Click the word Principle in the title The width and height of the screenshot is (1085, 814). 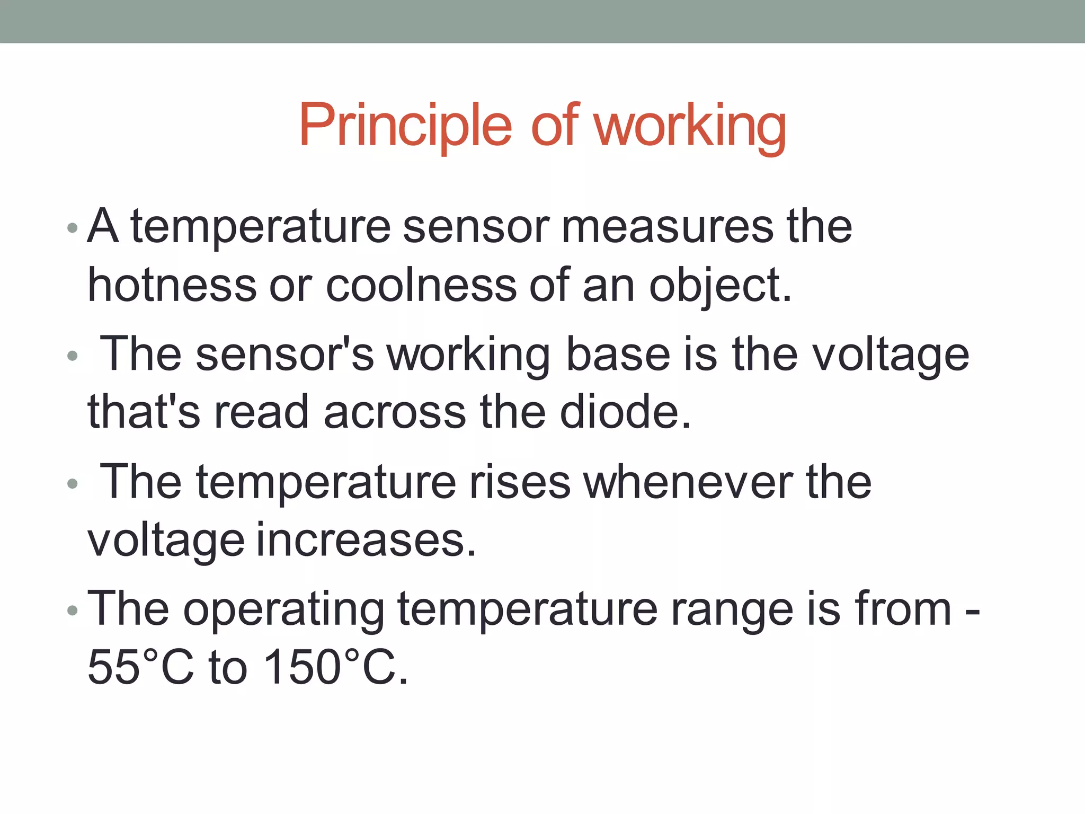point(405,126)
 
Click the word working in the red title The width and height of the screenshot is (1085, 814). point(689,127)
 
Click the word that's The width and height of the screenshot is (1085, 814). point(144,412)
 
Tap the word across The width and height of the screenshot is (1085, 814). point(395,412)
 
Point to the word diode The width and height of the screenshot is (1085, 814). point(625,412)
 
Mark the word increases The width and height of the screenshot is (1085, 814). point(366,540)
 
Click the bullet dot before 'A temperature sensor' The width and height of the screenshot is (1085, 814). point(73,229)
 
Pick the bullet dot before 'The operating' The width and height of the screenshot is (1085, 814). point(73,611)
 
